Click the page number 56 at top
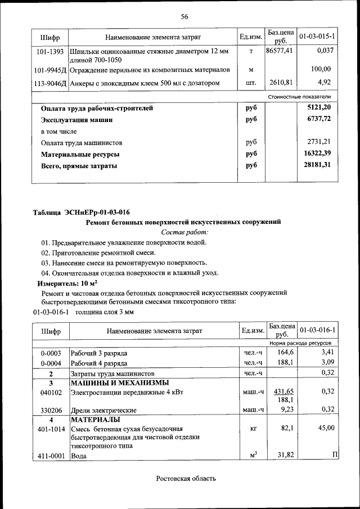click(x=184, y=16)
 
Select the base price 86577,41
click(x=280, y=51)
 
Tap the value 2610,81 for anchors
click(x=280, y=83)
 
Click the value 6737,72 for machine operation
click(x=315, y=119)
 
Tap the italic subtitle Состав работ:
click(x=184, y=232)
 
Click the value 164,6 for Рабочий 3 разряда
click(x=285, y=352)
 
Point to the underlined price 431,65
click(x=284, y=391)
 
